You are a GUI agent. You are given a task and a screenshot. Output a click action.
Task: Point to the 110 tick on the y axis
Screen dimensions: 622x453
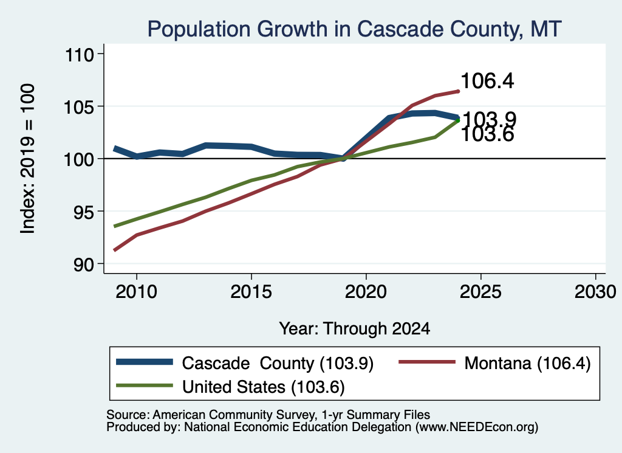click(x=80, y=55)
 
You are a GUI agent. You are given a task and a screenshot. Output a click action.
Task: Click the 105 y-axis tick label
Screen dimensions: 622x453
click(x=80, y=107)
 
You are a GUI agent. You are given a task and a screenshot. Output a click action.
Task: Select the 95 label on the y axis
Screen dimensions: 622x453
click(x=84, y=212)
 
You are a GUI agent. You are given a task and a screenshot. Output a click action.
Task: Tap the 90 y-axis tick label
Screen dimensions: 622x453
click(x=84, y=265)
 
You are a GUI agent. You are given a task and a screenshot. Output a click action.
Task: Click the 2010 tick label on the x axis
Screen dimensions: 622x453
click(x=137, y=292)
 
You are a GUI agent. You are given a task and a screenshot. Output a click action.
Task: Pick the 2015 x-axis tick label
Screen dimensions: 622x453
click(x=251, y=292)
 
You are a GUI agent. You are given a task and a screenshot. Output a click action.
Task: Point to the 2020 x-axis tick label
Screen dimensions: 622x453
click(x=366, y=292)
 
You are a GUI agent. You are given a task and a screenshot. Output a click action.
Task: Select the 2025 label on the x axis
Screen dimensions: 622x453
click(x=480, y=292)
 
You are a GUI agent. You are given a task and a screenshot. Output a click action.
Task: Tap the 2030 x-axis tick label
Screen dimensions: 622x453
click(x=595, y=292)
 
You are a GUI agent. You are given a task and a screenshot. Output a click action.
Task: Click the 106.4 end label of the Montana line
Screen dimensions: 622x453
click(x=488, y=81)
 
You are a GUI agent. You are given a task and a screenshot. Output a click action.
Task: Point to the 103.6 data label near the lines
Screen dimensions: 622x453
click(x=488, y=135)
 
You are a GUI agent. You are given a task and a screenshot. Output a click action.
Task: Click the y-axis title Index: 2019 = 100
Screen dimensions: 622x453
click(x=28, y=159)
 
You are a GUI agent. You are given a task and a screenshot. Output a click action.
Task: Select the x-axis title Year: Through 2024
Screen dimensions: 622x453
click(x=355, y=329)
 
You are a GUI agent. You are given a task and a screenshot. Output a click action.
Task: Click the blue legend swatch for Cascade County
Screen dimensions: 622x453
click(x=145, y=362)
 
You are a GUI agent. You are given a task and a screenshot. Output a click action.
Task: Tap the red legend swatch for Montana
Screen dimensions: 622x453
click(x=427, y=362)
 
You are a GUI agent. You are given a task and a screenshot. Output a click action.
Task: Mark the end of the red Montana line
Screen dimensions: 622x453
click(x=459, y=91)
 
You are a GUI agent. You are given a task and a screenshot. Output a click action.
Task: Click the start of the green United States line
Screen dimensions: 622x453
click(x=114, y=226)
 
